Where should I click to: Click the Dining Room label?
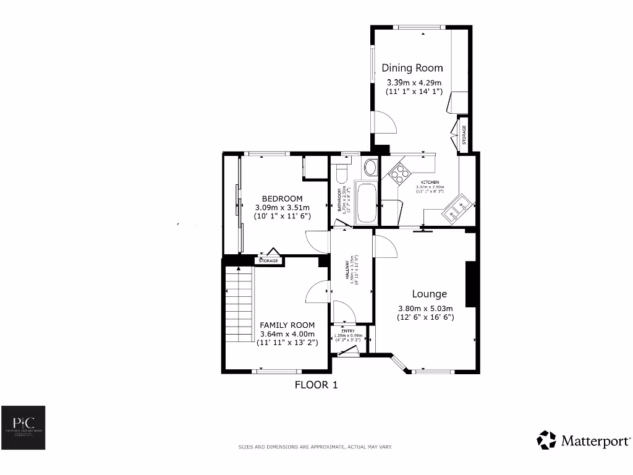click(412, 68)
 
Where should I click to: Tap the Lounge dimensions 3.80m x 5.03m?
click(425, 309)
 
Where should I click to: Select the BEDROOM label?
click(281, 199)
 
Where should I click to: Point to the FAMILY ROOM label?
click(287, 325)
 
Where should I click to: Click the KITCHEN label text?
click(430, 182)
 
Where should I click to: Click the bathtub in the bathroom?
click(365, 203)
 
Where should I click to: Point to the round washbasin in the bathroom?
click(370, 167)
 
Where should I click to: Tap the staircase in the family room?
click(239, 303)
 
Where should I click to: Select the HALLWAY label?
click(350, 270)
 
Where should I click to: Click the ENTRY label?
click(347, 331)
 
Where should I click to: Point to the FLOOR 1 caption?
click(316, 385)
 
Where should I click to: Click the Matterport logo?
click(584, 440)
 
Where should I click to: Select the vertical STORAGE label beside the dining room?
click(464, 135)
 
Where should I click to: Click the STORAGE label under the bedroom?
click(268, 261)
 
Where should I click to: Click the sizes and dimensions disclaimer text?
click(316, 447)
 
